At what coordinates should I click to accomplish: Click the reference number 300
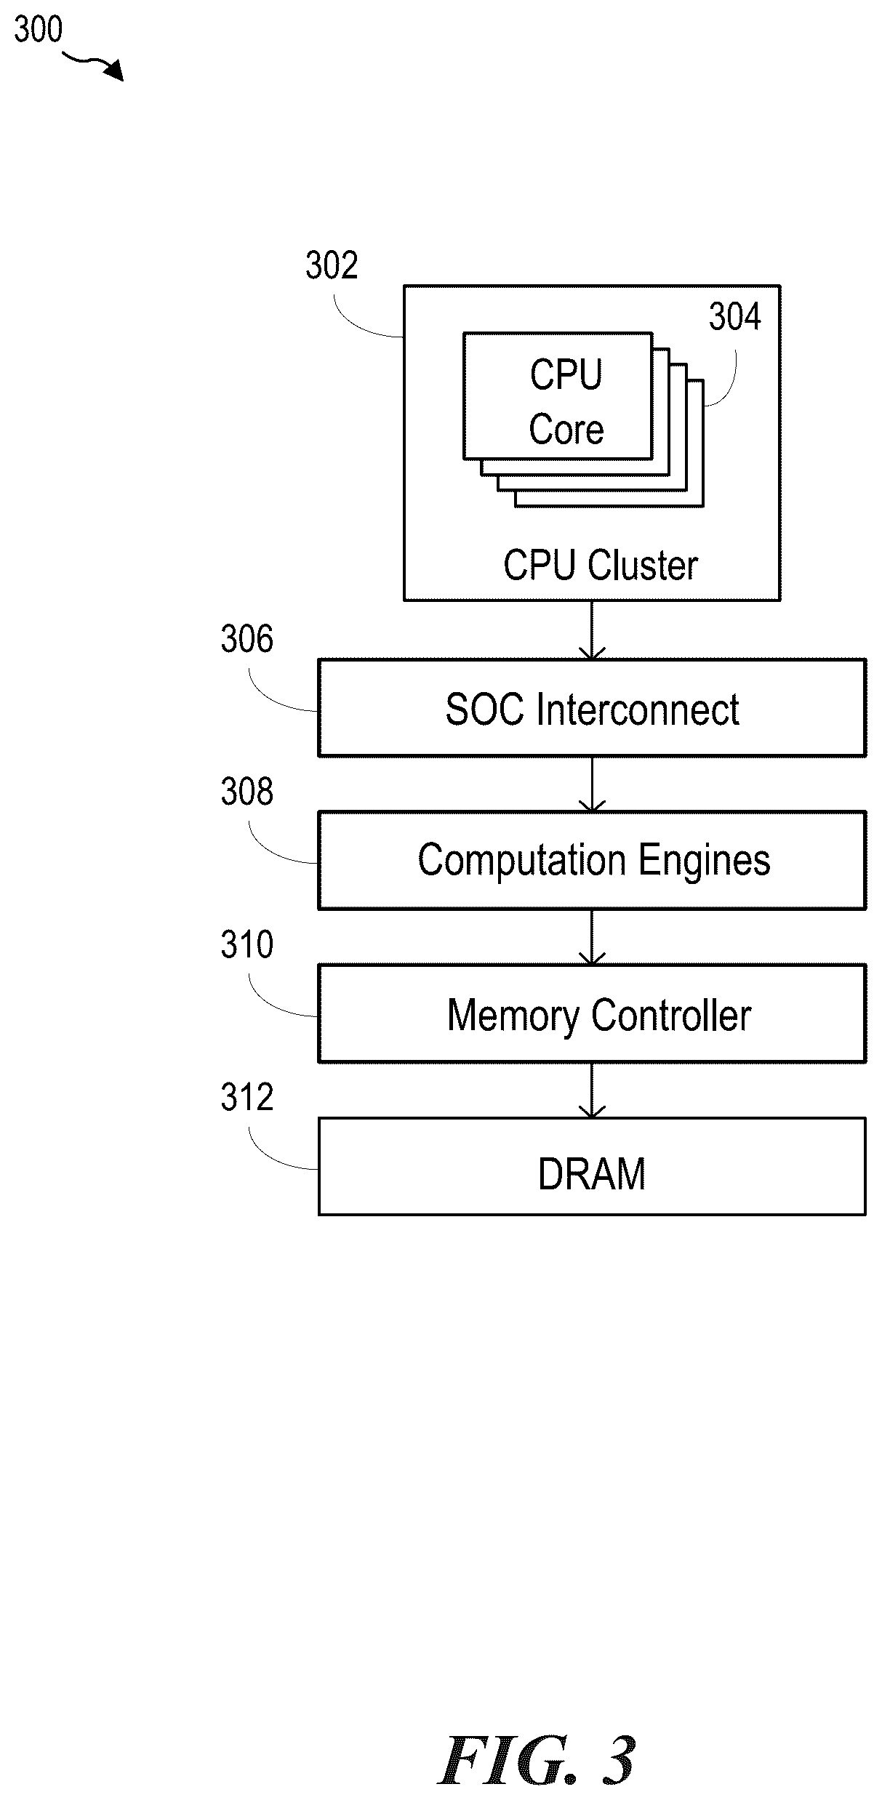pyautogui.click(x=39, y=30)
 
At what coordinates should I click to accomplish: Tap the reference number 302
pyautogui.click(x=332, y=265)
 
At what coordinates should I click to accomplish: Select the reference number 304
pyautogui.click(x=735, y=317)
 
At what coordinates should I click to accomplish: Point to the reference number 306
pyautogui.click(x=247, y=640)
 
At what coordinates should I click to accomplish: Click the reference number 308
pyautogui.click(x=247, y=792)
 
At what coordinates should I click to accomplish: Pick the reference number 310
pyautogui.click(x=247, y=945)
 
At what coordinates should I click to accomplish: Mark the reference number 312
pyautogui.click(x=247, y=1098)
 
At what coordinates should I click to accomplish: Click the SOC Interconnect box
pyautogui.click(x=592, y=708)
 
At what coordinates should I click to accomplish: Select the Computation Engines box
pyautogui.click(x=592, y=860)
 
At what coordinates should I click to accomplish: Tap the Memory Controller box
pyautogui.click(x=592, y=1013)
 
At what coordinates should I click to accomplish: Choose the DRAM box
pyautogui.click(x=592, y=1166)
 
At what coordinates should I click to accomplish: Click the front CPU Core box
pyautogui.click(x=558, y=396)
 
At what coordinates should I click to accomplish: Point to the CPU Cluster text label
pyautogui.click(x=601, y=566)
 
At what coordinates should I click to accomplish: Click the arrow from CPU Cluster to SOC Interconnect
pyautogui.click(x=592, y=630)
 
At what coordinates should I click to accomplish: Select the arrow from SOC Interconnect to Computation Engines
pyautogui.click(x=592, y=784)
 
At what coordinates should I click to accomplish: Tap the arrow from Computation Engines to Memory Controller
pyautogui.click(x=592, y=937)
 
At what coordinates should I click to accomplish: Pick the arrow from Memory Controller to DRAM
pyautogui.click(x=592, y=1090)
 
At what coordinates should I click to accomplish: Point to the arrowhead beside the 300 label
pyautogui.click(x=114, y=71)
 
